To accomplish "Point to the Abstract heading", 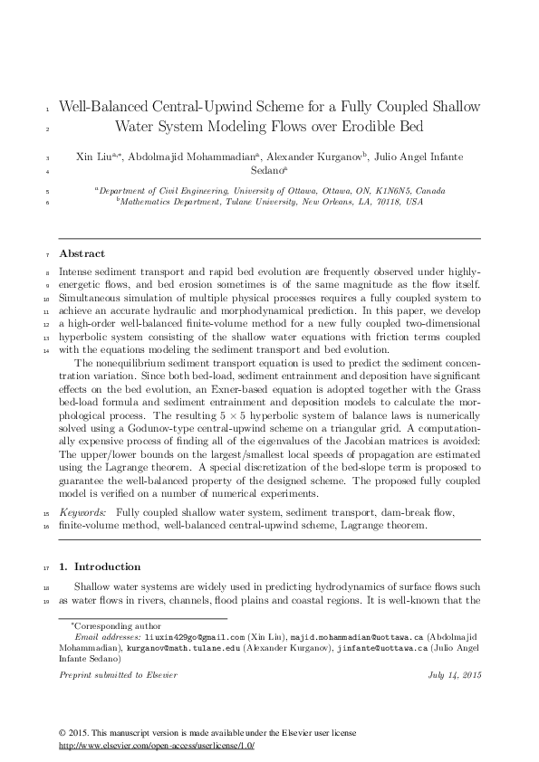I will tap(82, 253).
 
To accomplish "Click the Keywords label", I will tap(86, 512).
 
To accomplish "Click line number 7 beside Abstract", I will tap(47, 254).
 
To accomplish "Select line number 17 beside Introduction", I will tap(46, 567).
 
